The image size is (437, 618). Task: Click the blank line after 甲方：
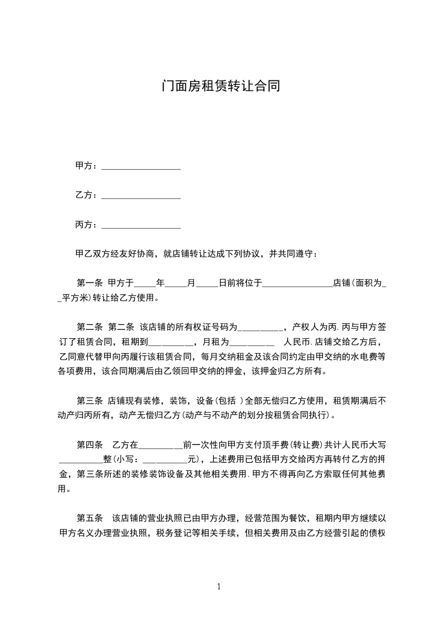click(141, 166)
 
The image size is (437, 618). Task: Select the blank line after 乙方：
click(141, 195)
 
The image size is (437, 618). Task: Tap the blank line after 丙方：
click(141, 225)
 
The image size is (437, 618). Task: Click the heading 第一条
click(90, 284)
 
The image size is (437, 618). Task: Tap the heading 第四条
click(90, 444)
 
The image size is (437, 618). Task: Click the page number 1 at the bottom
click(219, 587)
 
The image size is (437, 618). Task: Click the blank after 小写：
click(165, 459)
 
